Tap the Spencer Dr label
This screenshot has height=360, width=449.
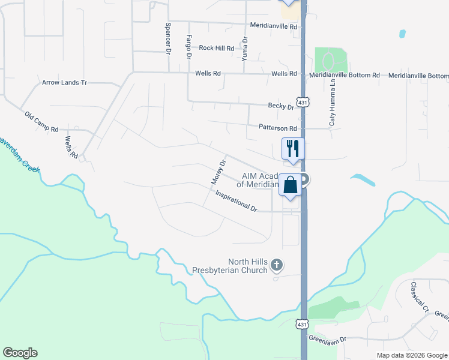coord(167,38)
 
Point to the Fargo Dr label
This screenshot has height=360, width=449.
coord(188,46)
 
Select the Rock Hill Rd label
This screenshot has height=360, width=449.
coord(217,47)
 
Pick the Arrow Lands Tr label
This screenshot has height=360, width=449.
coord(64,82)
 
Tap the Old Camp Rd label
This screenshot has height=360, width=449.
coord(41,121)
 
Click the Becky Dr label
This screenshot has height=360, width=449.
coord(281,106)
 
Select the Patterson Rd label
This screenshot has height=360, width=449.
coord(278,128)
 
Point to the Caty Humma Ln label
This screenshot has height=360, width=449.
coord(332,108)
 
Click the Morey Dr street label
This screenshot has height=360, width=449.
coord(218,172)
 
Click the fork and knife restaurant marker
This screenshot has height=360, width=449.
coord(293,148)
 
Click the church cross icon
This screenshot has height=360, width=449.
coord(277,265)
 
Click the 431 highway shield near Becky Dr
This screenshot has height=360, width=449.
coord(304,103)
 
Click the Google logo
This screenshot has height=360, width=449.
coord(20,353)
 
